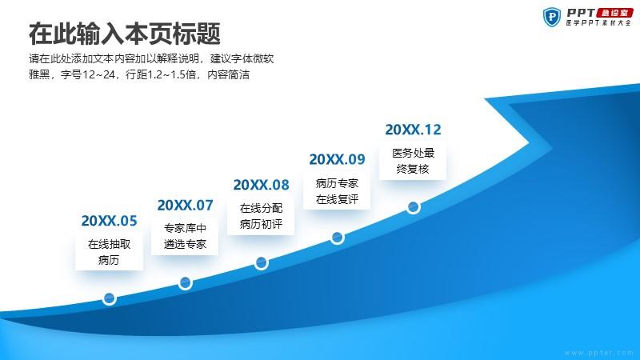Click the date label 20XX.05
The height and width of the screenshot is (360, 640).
(109, 221)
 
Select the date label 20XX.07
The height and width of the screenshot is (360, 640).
(186, 205)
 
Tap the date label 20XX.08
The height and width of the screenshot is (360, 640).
(262, 185)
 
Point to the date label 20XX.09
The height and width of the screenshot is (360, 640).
(337, 159)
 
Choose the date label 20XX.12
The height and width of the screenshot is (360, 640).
(413, 130)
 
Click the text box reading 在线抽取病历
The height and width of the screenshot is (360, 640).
(109, 251)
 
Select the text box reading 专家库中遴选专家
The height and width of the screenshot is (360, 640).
(185, 236)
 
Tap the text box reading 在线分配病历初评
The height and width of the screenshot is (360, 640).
(261, 216)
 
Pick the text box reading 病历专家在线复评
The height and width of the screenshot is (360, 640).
(337, 191)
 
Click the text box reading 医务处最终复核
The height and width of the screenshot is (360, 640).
(413, 161)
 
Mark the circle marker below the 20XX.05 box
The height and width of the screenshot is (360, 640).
(109, 298)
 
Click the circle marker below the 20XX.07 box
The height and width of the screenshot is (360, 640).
(186, 283)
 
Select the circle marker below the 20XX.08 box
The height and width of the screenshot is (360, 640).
(262, 263)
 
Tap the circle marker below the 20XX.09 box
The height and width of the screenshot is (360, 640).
(337, 237)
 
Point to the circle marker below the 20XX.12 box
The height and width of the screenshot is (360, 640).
(413, 207)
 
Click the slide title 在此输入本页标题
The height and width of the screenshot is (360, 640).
(125, 34)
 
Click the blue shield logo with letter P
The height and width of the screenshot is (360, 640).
(552, 18)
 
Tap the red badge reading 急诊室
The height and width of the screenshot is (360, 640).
(614, 13)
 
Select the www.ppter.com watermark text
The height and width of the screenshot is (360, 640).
(598, 353)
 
